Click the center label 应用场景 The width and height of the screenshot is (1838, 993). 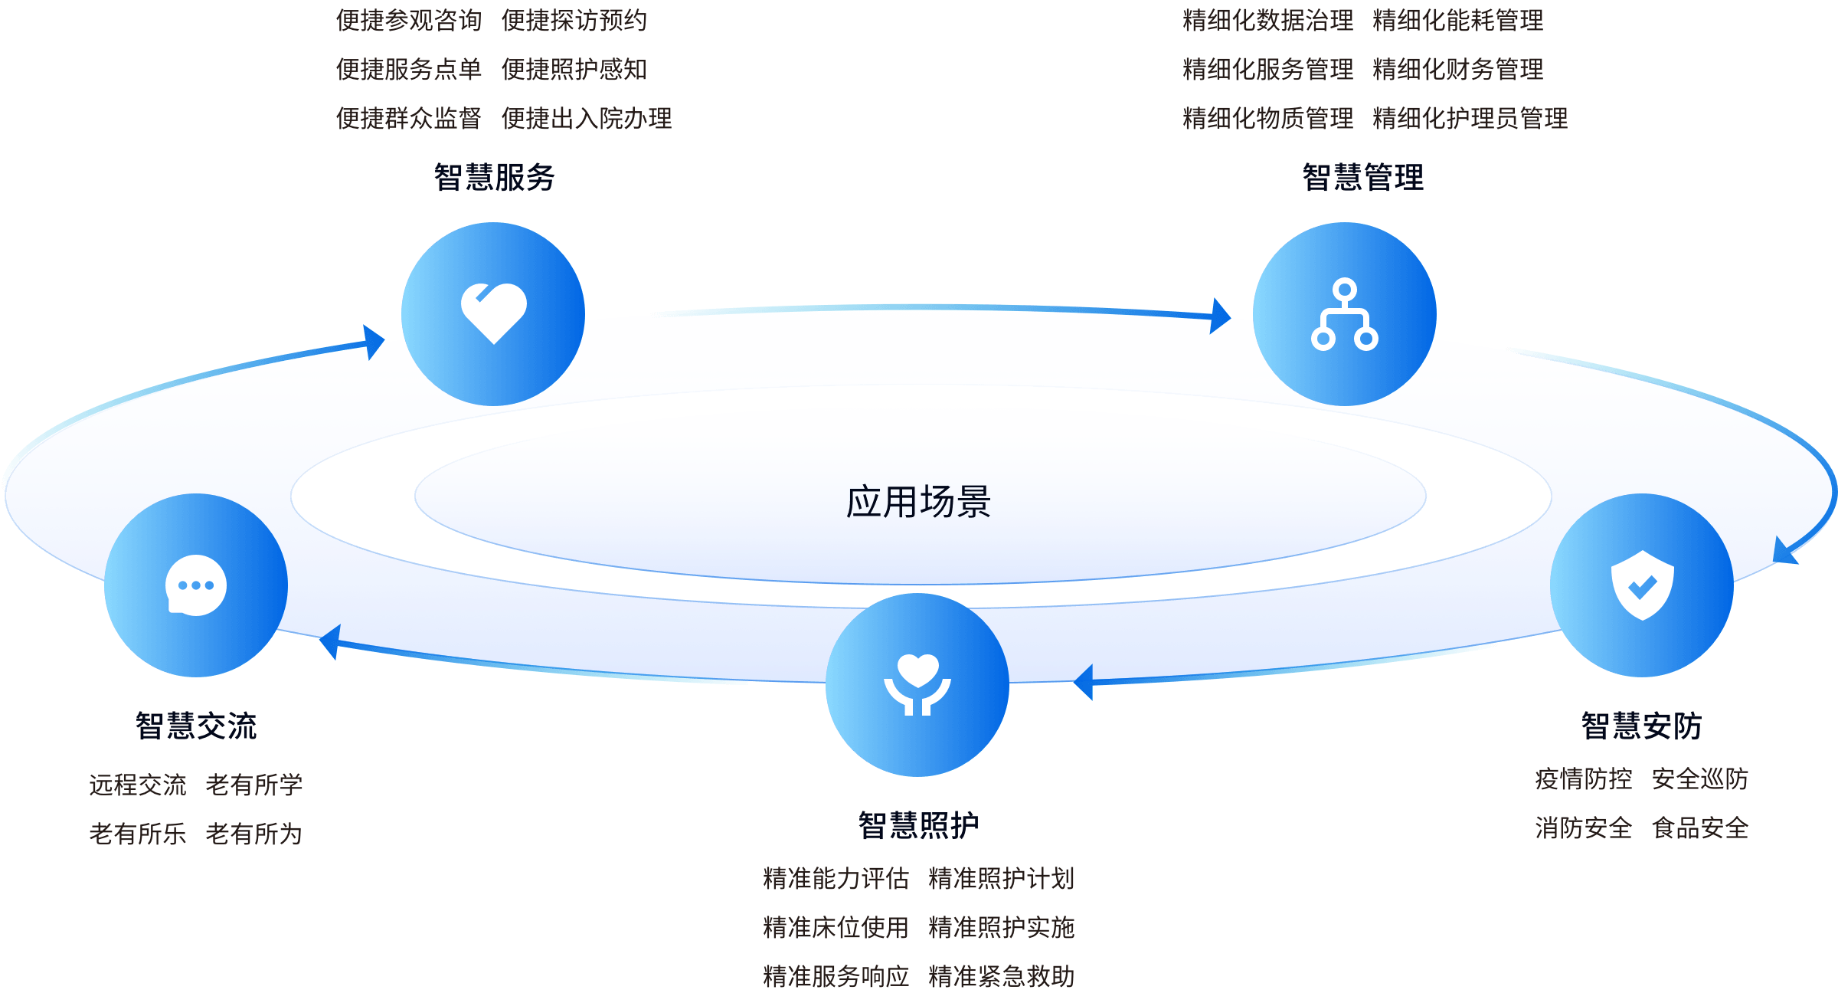click(918, 502)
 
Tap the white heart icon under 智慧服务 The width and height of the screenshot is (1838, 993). click(494, 313)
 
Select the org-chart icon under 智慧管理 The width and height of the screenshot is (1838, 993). click(1344, 314)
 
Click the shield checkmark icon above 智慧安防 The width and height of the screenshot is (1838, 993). click(1642, 585)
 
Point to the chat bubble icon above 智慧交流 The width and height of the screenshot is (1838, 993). click(196, 585)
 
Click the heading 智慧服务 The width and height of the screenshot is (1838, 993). click(495, 177)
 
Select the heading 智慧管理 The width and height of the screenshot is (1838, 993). click(1363, 177)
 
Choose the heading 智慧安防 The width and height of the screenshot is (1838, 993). click(1642, 726)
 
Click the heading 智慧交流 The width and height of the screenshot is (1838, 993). click(196, 726)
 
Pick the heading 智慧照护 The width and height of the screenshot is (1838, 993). click(918, 825)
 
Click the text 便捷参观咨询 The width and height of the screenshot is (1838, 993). click(409, 20)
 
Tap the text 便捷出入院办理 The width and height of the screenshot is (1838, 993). click(587, 118)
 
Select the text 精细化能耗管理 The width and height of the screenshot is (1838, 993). click(1458, 20)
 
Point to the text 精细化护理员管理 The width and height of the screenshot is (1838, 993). click(1470, 118)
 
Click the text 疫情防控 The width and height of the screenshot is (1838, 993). click(1584, 778)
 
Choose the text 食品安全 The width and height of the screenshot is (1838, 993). click(1700, 827)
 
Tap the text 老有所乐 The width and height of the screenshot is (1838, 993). click(138, 833)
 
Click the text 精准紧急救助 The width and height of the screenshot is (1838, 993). click(1002, 976)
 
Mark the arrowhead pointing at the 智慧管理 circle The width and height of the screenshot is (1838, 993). click(1222, 316)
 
